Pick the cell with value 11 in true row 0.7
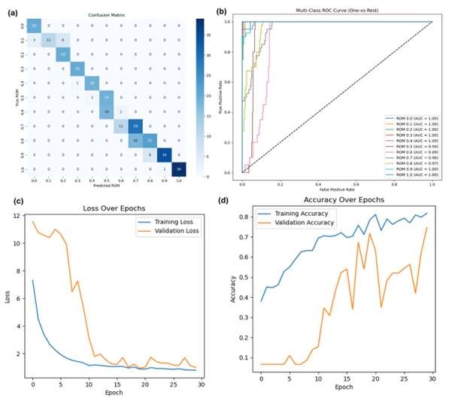[x=123, y=125]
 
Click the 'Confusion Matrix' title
[x=105, y=14]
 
